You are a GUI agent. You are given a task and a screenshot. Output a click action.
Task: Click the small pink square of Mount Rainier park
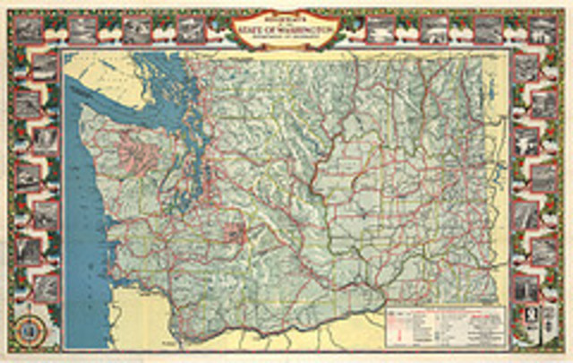(235, 232)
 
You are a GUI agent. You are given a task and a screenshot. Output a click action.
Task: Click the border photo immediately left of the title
(191, 30)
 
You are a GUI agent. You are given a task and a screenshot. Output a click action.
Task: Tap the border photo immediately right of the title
(380, 30)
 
